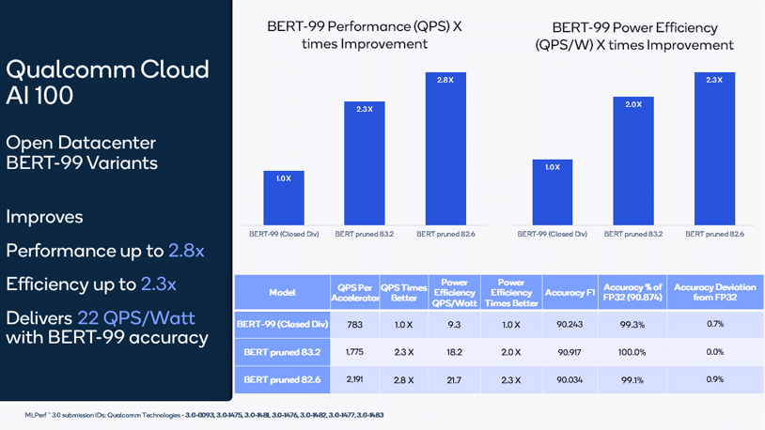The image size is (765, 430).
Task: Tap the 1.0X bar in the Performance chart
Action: coord(283,196)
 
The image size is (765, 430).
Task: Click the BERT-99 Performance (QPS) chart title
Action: coord(364,35)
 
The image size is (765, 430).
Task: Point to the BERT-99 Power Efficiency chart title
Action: coord(633,36)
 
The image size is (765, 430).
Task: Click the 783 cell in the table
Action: coord(353,324)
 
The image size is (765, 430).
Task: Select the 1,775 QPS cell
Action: coord(353,352)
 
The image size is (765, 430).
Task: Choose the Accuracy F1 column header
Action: coord(570,293)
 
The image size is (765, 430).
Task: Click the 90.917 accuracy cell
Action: coord(570,352)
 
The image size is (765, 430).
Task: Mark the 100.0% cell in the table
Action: coord(632,352)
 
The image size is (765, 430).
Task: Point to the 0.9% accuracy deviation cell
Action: coord(714,379)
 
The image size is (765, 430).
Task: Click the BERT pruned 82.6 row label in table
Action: coord(281,379)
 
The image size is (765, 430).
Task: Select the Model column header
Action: coord(281,293)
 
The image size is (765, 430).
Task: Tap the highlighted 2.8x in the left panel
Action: coord(186,251)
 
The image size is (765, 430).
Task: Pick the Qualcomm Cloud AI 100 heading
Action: coord(107,82)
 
